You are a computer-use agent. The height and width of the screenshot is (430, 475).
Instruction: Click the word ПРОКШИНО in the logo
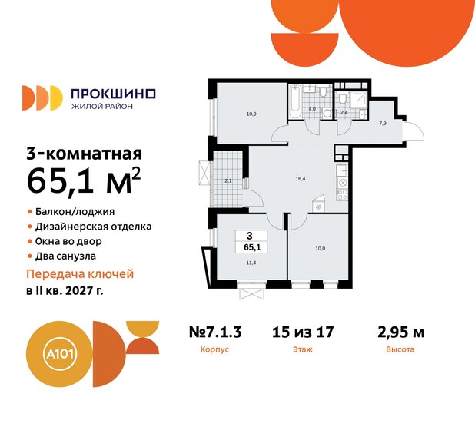click(x=112, y=93)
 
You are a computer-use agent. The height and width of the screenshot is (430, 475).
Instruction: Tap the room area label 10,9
click(x=251, y=114)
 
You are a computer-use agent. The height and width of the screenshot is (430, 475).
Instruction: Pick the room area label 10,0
click(x=319, y=248)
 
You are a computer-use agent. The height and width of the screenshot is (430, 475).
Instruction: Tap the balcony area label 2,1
click(x=228, y=180)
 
